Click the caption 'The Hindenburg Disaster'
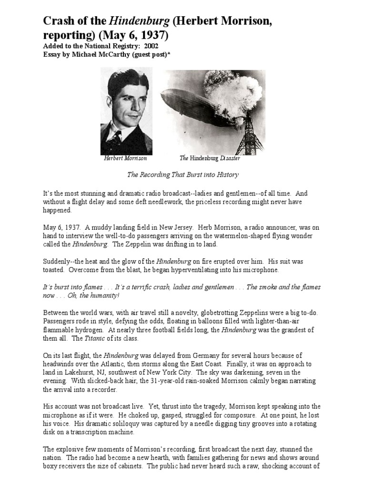[210, 159]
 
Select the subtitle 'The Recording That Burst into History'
[183, 175]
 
